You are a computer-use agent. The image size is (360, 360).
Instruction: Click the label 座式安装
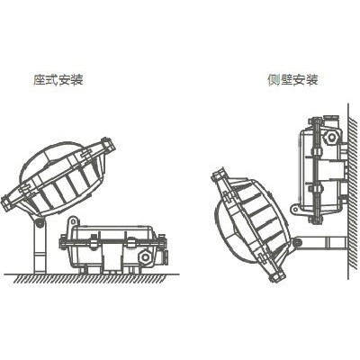[58, 79]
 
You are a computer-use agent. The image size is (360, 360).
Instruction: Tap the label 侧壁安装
[292, 79]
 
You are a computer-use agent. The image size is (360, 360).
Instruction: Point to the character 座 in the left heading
[40, 79]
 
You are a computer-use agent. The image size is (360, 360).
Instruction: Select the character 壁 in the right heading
[286, 79]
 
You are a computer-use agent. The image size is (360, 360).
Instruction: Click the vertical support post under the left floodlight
[40, 248]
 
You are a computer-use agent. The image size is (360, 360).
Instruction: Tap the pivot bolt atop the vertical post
[39, 222]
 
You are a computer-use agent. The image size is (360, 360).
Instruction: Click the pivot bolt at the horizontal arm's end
[297, 242]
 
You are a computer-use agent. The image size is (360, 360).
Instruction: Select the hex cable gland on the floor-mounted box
[145, 257]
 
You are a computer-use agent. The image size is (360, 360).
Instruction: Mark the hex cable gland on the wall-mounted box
[331, 137]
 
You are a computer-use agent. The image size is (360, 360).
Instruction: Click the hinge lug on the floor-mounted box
[73, 223]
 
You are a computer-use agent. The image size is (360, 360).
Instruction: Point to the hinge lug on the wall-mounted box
[296, 209]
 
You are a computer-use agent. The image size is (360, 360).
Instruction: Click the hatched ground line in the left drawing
[92, 278]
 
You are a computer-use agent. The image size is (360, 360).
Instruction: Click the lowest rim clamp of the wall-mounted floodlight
[276, 274]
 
